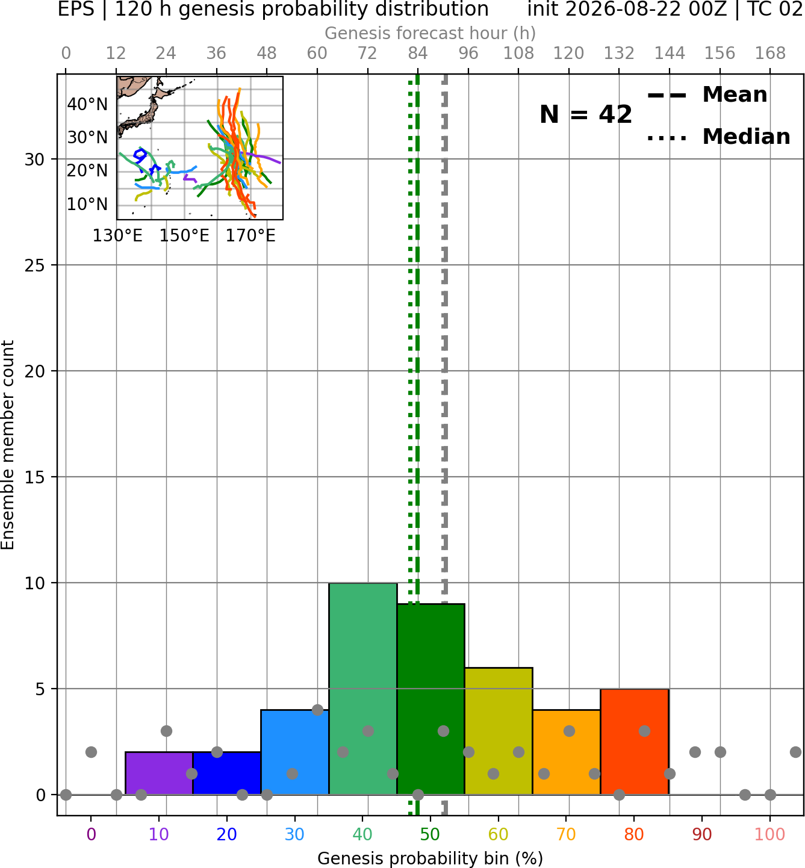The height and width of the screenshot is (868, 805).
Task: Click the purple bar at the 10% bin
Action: pyautogui.click(x=159, y=773)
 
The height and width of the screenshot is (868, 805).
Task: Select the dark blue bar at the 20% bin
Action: pyautogui.click(x=227, y=773)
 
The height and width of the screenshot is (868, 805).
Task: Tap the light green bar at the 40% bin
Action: pyautogui.click(x=363, y=689)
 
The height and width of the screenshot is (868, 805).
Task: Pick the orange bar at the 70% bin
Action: pyautogui.click(x=567, y=752)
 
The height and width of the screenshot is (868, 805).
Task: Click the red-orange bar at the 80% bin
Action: pyautogui.click(x=635, y=742)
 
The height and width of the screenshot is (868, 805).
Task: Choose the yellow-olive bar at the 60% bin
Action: pyautogui.click(x=499, y=731)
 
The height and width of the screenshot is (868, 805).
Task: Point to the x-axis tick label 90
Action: pyautogui.click(x=702, y=834)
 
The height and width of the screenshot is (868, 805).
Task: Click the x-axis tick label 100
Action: pyautogui.click(x=769, y=834)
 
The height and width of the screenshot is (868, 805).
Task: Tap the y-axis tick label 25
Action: pyautogui.click(x=35, y=265)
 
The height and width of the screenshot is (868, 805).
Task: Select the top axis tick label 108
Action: pyautogui.click(x=518, y=54)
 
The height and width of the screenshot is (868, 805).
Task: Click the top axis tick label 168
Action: pyautogui.click(x=770, y=54)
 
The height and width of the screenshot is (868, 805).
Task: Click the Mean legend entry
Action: pyautogui.click(x=707, y=95)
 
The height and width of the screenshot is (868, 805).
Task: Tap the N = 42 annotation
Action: pyautogui.click(x=586, y=114)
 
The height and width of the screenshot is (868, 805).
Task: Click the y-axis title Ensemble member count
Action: pyautogui.click(x=7, y=445)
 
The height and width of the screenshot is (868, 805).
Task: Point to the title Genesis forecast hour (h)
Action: pyautogui.click(x=430, y=33)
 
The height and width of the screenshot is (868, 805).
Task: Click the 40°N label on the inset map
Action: pyautogui.click(x=87, y=105)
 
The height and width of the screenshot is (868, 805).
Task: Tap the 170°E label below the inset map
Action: pyautogui.click(x=250, y=236)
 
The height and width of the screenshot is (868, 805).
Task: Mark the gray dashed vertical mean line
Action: pyautogui.click(x=445, y=444)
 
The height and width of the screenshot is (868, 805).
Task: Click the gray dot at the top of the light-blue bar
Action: pyautogui.click(x=317, y=710)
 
